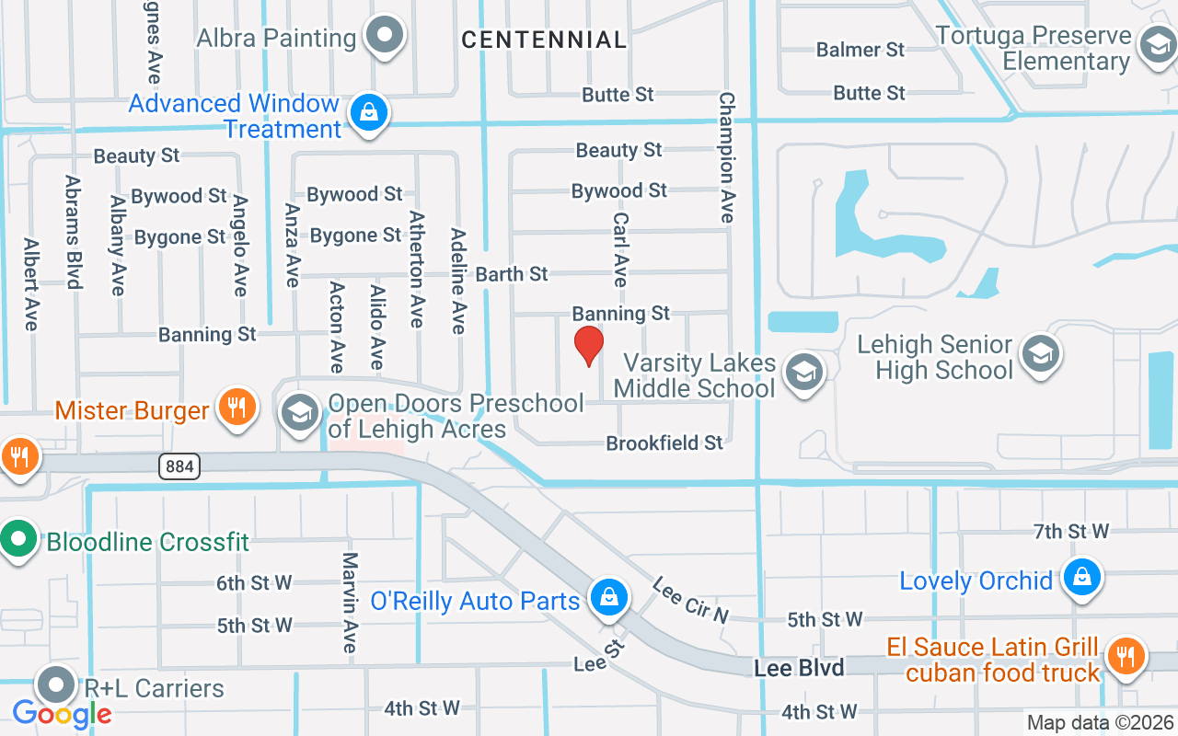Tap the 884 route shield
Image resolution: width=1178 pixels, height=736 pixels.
click(179, 466)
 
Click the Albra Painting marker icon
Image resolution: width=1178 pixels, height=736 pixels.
click(385, 37)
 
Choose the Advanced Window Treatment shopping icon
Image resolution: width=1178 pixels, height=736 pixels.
click(368, 114)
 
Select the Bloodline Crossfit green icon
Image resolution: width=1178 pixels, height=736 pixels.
click(18, 539)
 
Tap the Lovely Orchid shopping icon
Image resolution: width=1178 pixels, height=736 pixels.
click(1081, 579)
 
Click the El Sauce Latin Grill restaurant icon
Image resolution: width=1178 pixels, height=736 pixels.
click(1124, 657)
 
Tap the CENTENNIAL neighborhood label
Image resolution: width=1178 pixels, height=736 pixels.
click(544, 40)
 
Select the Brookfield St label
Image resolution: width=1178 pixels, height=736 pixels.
click(664, 443)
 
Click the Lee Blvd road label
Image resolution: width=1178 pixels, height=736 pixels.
click(799, 668)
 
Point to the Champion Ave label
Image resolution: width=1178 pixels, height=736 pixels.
click(727, 156)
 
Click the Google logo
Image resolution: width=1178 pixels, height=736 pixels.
click(62, 713)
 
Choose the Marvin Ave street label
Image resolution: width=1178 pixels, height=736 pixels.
click(350, 603)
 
